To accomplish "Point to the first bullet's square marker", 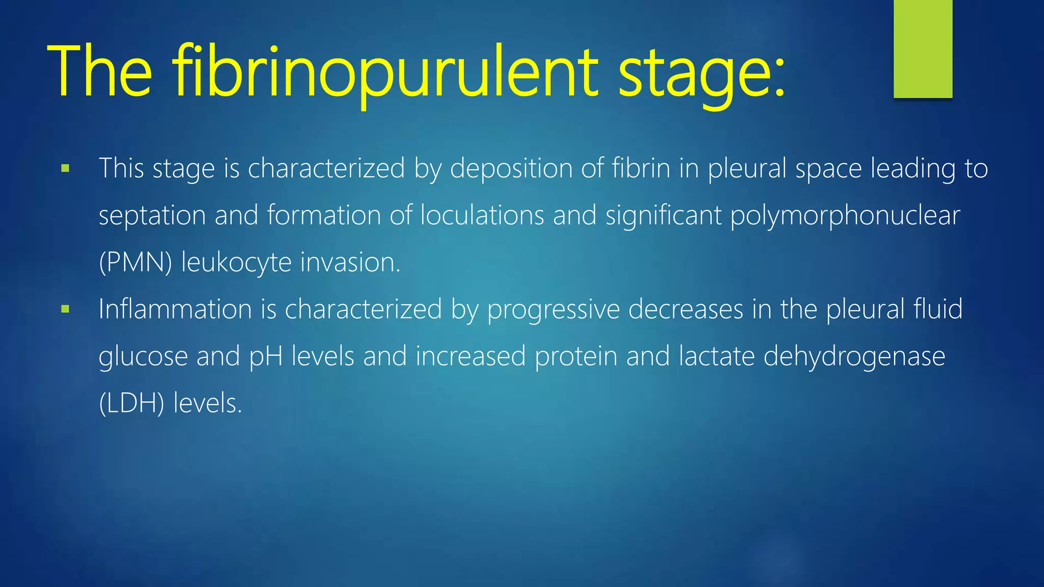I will (65, 168).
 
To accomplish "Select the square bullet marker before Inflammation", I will (65, 309).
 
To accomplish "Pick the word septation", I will (152, 216).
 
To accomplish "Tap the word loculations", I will (482, 215).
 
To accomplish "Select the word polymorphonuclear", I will (845, 216).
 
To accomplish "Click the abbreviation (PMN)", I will (136, 262).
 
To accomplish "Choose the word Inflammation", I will (175, 309).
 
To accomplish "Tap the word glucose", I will (143, 357).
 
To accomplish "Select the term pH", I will (266, 357).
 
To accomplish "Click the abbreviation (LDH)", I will (132, 403).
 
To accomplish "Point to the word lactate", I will (716, 356).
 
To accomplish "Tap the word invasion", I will (350, 262).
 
